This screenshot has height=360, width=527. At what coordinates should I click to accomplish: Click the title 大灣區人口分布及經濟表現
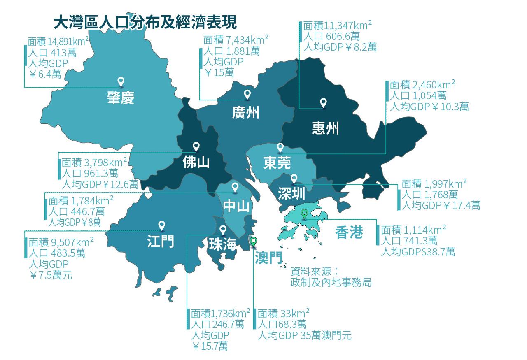coord(145,23)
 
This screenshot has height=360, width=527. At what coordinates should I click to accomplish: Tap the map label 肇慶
coord(121,98)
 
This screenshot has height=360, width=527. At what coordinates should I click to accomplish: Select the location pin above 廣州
coord(247,94)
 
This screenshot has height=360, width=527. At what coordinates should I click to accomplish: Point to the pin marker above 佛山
coord(196,146)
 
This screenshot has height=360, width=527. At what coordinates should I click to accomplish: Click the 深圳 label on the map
coord(291,193)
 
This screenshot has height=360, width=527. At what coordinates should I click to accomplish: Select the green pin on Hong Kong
coord(304,214)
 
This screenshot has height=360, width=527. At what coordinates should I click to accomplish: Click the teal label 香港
coord(349,232)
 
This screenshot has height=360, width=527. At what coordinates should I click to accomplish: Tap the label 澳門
coord(268,258)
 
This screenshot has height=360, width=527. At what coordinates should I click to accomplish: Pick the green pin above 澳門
coord(254,241)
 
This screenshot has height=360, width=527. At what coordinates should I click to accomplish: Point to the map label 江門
coord(161,241)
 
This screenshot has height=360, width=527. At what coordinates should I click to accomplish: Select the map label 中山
coord(236,206)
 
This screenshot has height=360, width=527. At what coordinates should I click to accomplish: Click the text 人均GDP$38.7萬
coord(418,251)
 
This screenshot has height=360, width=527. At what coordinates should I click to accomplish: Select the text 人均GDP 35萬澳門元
coord(305,335)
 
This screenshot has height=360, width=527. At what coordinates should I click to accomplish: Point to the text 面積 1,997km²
coord(434,183)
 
